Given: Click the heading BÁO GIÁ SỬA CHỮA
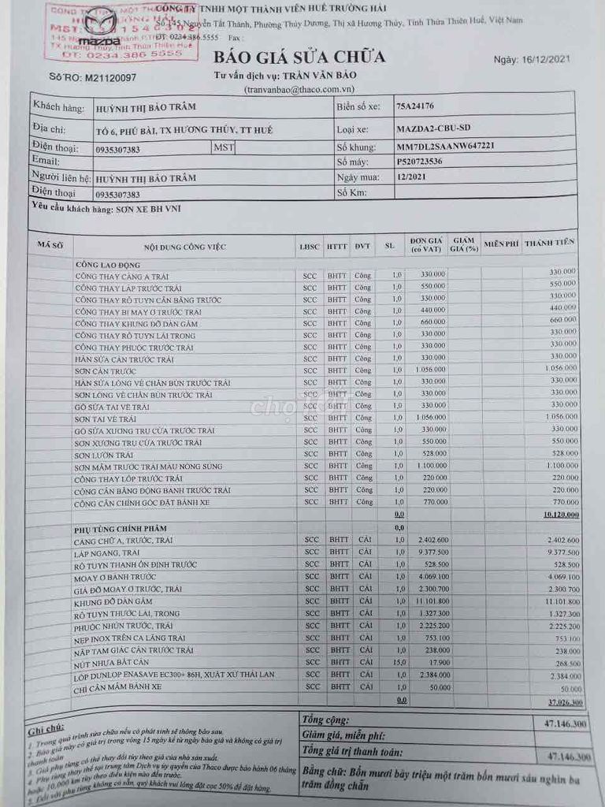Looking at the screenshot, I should tap(299, 57).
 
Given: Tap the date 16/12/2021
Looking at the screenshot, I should tap(542, 59).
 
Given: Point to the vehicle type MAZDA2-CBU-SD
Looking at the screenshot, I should tap(435, 128).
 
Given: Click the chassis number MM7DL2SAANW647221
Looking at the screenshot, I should tap(446, 146).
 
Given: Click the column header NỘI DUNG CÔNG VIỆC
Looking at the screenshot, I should tap(184, 247).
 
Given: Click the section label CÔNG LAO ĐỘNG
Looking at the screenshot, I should tap(108, 265).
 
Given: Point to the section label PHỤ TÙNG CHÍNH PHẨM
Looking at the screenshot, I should tap(120, 528).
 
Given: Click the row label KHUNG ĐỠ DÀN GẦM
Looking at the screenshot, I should tap(116, 601).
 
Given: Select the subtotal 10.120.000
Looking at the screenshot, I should tap(561, 515).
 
